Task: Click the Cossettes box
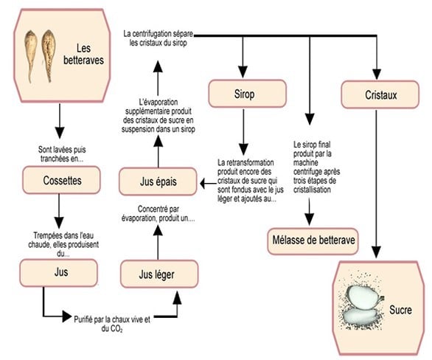[x=61, y=180]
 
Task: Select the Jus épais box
[x=158, y=181]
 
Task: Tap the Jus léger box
[x=159, y=274]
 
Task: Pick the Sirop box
[x=247, y=94]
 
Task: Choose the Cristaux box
[x=380, y=94]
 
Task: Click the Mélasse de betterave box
[x=313, y=241]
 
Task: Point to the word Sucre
[x=400, y=310]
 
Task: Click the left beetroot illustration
[x=30, y=55]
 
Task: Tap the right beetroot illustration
[x=49, y=55]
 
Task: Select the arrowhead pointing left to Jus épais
[x=204, y=183]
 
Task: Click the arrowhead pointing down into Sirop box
[x=243, y=72]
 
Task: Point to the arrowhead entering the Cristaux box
[x=377, y=75]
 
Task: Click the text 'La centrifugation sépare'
[x=158, y=34]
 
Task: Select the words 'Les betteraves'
[x=83, y=55]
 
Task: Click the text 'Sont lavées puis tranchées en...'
[x=62, y=154]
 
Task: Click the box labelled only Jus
[x=58, y=273]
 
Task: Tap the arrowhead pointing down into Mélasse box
[x=310, y=219]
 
